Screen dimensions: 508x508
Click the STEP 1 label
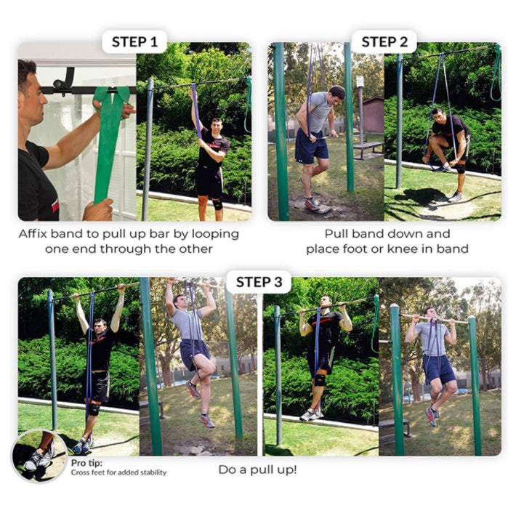click(134, 42)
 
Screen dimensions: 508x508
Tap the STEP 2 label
click(384, 42)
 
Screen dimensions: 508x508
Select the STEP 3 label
click(259, 282)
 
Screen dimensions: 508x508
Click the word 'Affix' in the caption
click(33, 233)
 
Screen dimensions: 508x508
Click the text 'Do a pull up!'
click(257, 469)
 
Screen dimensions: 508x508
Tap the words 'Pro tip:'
click(86, 463)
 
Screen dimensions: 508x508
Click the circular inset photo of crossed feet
click(39, 456)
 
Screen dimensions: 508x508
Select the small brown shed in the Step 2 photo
click(374, 114)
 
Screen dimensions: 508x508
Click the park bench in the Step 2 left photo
click(368, 150)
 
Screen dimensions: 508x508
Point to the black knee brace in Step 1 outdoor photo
click(217, 204)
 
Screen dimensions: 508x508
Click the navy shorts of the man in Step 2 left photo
click(311, 145)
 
